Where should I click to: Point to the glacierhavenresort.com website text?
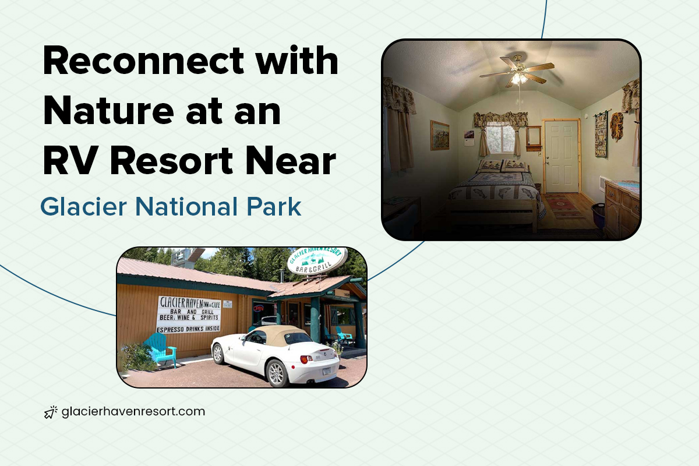click(133, 411)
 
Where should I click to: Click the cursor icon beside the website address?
click(50, 412)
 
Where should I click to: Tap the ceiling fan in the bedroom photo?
click(517, 73)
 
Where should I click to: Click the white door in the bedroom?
click(562, 156)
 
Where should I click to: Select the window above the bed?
click(499, 137)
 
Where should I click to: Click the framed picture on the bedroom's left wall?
click(439, 135)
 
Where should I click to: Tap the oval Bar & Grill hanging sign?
click(318, 262)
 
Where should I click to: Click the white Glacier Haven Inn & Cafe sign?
click(189, 314)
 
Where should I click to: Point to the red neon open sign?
click(258, 308)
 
